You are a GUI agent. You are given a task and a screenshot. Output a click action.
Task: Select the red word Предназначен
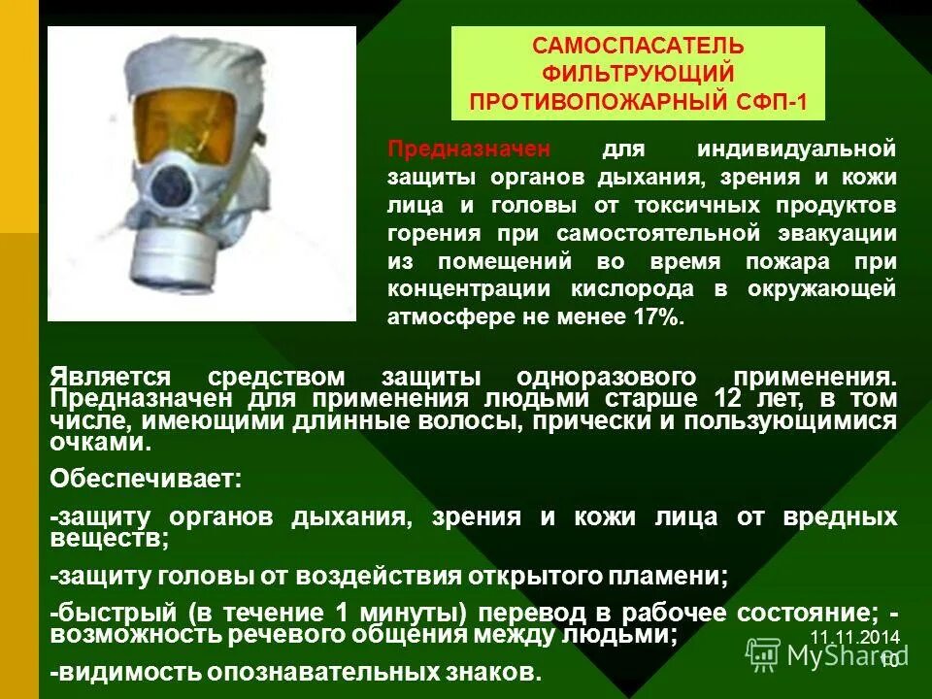click(469, 150)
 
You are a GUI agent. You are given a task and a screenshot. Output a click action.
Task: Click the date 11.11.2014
click(854, 638)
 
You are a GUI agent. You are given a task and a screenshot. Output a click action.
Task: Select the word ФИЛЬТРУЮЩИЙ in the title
click(638, 75)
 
